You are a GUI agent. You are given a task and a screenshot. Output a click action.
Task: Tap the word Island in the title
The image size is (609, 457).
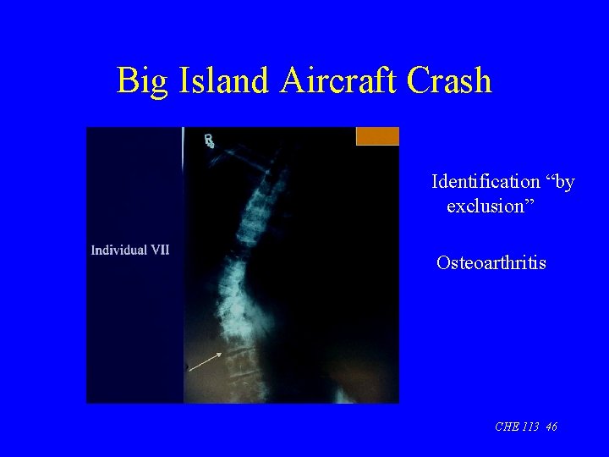[x=222, y=81]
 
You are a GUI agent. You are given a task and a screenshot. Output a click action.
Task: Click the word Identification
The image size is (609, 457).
[x=486, y=182]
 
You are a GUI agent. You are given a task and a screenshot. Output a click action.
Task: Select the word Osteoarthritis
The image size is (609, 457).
[x=491, y=263]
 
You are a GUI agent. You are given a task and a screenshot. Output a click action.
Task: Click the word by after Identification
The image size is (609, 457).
[x=561, y=183]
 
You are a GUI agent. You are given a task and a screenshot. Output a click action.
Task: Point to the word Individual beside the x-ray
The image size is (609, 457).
[x=118, y=250]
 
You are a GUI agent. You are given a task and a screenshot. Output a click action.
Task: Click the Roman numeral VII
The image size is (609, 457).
[x=158, y=250]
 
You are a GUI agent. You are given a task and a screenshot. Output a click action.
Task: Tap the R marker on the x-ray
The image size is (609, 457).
[x=209, y=141]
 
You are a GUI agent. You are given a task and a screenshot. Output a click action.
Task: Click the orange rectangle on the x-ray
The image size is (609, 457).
[x=377, y=136]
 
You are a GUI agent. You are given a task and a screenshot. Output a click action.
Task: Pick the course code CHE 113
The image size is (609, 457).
[x=518, y=427]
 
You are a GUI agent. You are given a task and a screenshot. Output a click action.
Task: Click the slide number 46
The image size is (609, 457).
[x=551, y=427]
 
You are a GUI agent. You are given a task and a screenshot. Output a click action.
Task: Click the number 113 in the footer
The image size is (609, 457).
[x=530, y=427]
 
